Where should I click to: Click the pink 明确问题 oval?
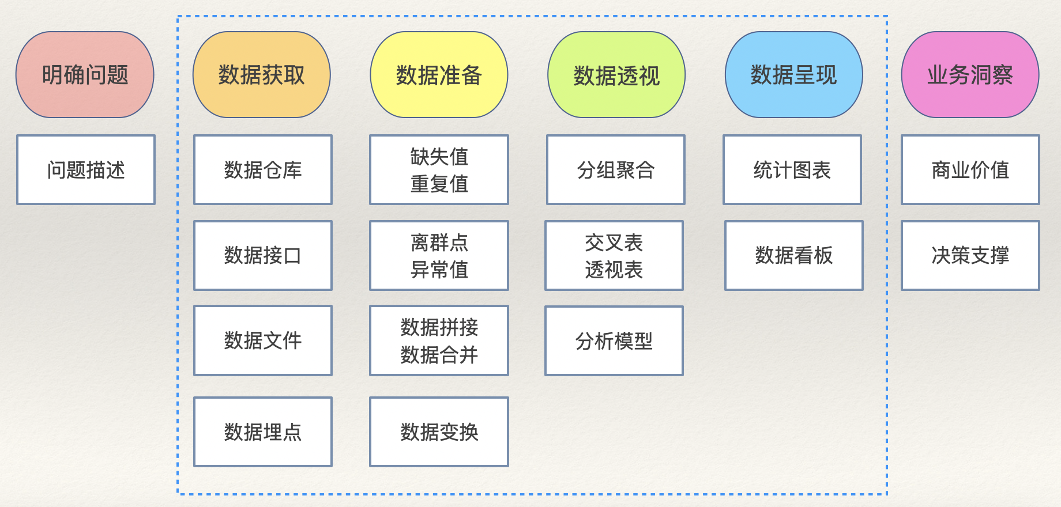pos(85,75)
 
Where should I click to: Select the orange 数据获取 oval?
pos(262,75)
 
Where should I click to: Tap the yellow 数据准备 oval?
pos(439,75)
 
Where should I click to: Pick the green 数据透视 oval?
pos(616,75)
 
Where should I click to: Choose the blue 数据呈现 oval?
pos(793,75)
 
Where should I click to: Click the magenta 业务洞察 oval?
pos(970,75)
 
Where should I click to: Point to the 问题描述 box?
pos(86,170)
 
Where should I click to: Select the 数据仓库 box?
pos(263,170)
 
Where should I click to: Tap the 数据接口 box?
pos(263,255)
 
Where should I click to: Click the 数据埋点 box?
pos(263,432)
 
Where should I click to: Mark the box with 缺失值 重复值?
pos(439,170)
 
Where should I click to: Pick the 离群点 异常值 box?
pos(439,255)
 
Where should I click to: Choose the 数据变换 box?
pos(439,432)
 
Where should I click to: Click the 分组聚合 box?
pos(616,170)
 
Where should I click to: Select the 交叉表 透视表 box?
pos(614,255)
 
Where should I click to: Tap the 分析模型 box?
pos(614,340)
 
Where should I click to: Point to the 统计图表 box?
pos(792,170)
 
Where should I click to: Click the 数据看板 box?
pos(794,255)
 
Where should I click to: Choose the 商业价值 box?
pos(970,170)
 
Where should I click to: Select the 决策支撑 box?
pos(970,255)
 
